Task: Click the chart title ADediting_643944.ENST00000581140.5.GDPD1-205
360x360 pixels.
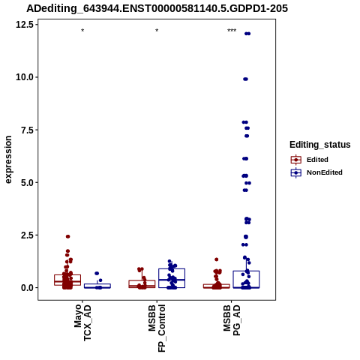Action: tap(157, 8)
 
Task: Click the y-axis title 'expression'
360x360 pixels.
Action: tap(8, 160)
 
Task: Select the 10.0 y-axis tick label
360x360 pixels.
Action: tap(25, 77)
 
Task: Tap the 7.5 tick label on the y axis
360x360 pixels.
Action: tap(27, 130)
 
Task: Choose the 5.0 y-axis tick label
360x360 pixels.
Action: tap(27, 182)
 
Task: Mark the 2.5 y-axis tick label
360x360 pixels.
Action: tap(27, 235)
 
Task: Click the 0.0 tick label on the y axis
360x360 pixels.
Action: tap(27, 288)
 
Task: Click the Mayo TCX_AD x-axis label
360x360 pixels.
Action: tap(82, 322)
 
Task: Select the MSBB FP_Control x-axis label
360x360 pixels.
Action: tap(157, 328)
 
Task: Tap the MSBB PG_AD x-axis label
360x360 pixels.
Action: tap(232, 320)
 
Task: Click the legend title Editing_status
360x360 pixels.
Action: tap(320, 145)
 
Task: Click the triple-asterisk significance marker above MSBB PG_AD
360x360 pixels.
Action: tap(232, 31)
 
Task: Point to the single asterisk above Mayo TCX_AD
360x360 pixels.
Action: tap(82, 31)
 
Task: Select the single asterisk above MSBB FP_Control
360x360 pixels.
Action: tap(157, 31)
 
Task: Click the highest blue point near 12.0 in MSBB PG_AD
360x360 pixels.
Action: tap(247, 34)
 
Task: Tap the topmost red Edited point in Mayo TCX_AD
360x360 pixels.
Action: tap(67, 236)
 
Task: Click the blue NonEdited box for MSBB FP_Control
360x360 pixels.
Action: tap(172, 278)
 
